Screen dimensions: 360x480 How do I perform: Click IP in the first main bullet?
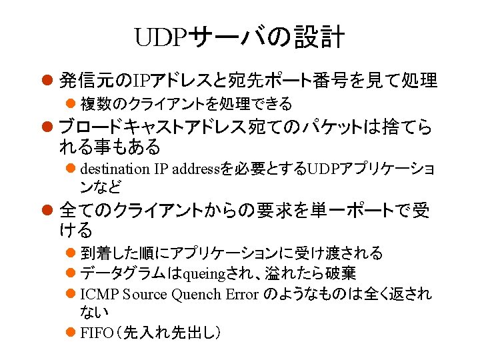142,82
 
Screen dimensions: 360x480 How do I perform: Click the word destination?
114,168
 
